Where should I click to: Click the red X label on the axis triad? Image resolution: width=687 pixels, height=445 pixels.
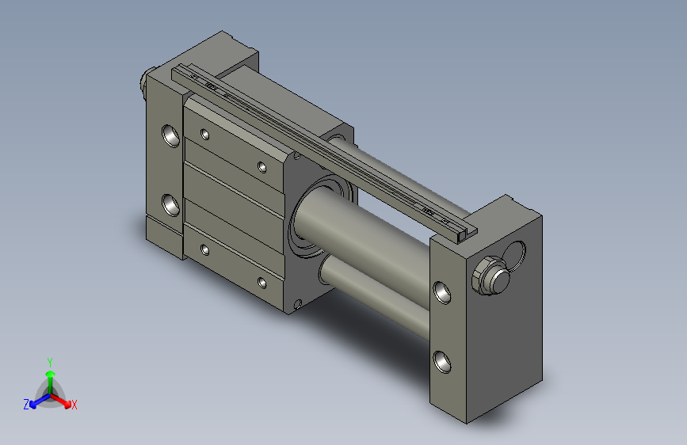click(x=74, y=405)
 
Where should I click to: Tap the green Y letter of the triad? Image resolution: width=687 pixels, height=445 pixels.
click(x=49, y=361)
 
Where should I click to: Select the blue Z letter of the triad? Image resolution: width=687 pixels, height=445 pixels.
click(x=26, y=404)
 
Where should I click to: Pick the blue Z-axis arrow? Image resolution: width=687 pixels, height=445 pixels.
click(x=36, y=401)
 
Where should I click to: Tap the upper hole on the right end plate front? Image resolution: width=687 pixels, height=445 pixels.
click(x=443, y=294)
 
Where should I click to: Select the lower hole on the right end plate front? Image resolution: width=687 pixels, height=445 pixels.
click(x=442, y=363)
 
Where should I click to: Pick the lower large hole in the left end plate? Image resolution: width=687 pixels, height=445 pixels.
click(x=171, y=204)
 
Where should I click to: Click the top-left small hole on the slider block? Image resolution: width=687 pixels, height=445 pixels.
click(x=205, y=134)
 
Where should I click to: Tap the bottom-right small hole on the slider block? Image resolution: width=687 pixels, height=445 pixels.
click(x=262, y=282)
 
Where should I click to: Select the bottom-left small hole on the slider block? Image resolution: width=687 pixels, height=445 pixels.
click(x=205, y=249)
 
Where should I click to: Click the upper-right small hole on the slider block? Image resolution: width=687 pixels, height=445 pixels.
click(x=262, y=166)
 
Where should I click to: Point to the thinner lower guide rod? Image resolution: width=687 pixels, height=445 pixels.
click(x=380, y=293)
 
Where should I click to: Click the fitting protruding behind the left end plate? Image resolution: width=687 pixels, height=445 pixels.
click(x=145, y=82)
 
